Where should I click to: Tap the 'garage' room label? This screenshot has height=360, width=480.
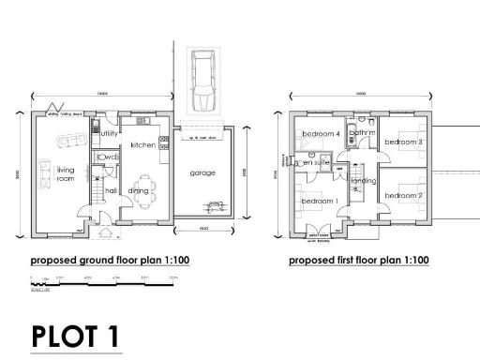(x=202, y=173)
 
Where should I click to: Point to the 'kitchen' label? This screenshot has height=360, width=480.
(x=142, y=145)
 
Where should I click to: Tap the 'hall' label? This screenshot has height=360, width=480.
(x=111, y=190)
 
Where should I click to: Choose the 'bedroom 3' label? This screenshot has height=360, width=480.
(x=404, y=142)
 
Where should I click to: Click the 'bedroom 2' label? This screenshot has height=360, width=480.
(x=404, y=195)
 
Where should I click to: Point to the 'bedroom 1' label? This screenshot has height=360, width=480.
(x=319, y=201)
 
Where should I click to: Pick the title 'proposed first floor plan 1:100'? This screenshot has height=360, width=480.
(x=359, y=260)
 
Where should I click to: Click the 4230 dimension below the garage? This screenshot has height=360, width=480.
(x=203, y=231)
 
